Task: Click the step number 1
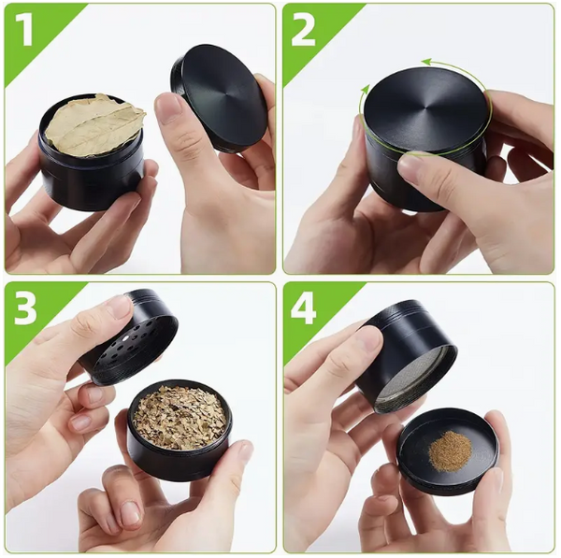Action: pyautogui.click(x=25, y=31)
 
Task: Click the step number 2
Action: pyautogui.click(x=304, y=31)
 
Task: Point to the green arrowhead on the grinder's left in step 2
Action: pyautogui.click(x=366, y=92)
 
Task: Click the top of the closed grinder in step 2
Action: pyautogui.click(x=425, y=107)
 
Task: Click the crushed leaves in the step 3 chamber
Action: pyautogui.click(x=180, y=417)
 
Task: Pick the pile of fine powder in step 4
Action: pyautogui.click(x=450, y=451)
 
